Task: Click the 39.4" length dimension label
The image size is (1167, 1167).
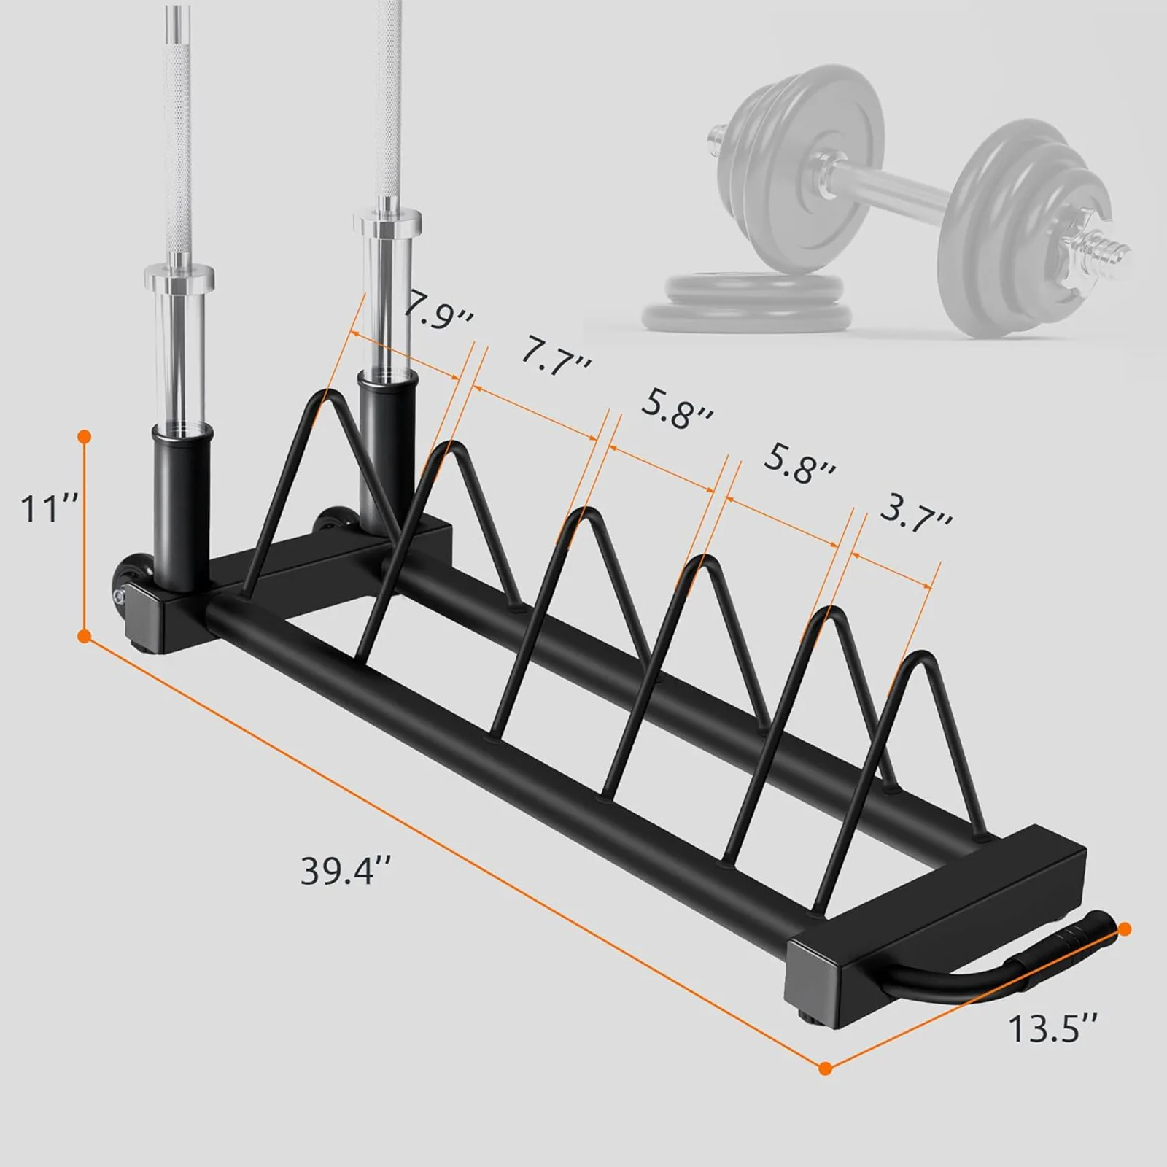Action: [346, 871]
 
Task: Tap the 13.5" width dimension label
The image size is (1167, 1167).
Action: [1052, 1029]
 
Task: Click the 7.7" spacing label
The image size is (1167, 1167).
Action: [554, 357]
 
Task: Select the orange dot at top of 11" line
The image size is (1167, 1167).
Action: [85, 437]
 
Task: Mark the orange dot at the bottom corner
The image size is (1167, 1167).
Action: [825, 1069]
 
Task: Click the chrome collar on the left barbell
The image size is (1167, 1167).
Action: [179, 277]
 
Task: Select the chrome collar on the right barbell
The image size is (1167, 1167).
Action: [387, 220]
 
